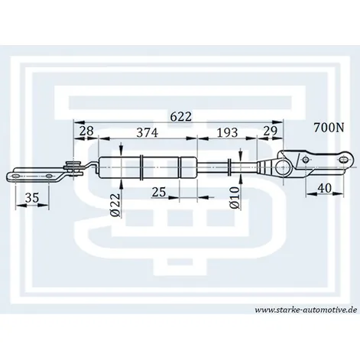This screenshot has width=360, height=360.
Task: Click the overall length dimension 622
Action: [180, 117]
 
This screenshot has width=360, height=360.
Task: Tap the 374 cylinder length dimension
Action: [148, 133]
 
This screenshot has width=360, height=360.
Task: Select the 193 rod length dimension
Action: [227, 132]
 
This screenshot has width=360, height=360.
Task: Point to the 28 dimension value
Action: [86, 131]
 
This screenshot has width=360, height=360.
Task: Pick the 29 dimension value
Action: [270, 131]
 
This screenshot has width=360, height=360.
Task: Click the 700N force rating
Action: [329, 128]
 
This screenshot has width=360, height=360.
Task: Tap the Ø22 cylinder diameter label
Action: [115, 205]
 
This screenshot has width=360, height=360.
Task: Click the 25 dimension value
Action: [159, 192]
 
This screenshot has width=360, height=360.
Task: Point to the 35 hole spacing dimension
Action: [32, 198]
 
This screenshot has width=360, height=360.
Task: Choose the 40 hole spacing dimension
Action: [325, 188]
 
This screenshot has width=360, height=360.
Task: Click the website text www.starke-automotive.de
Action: [306, 310]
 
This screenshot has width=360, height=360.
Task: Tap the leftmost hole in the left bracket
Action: [15, 176]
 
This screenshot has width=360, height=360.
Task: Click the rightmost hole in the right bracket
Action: [343, 160]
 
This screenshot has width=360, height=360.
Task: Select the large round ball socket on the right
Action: [284, 167]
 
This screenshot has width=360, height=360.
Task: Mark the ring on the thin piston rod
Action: [230, 167]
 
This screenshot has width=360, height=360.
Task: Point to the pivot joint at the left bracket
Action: [73, 168]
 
